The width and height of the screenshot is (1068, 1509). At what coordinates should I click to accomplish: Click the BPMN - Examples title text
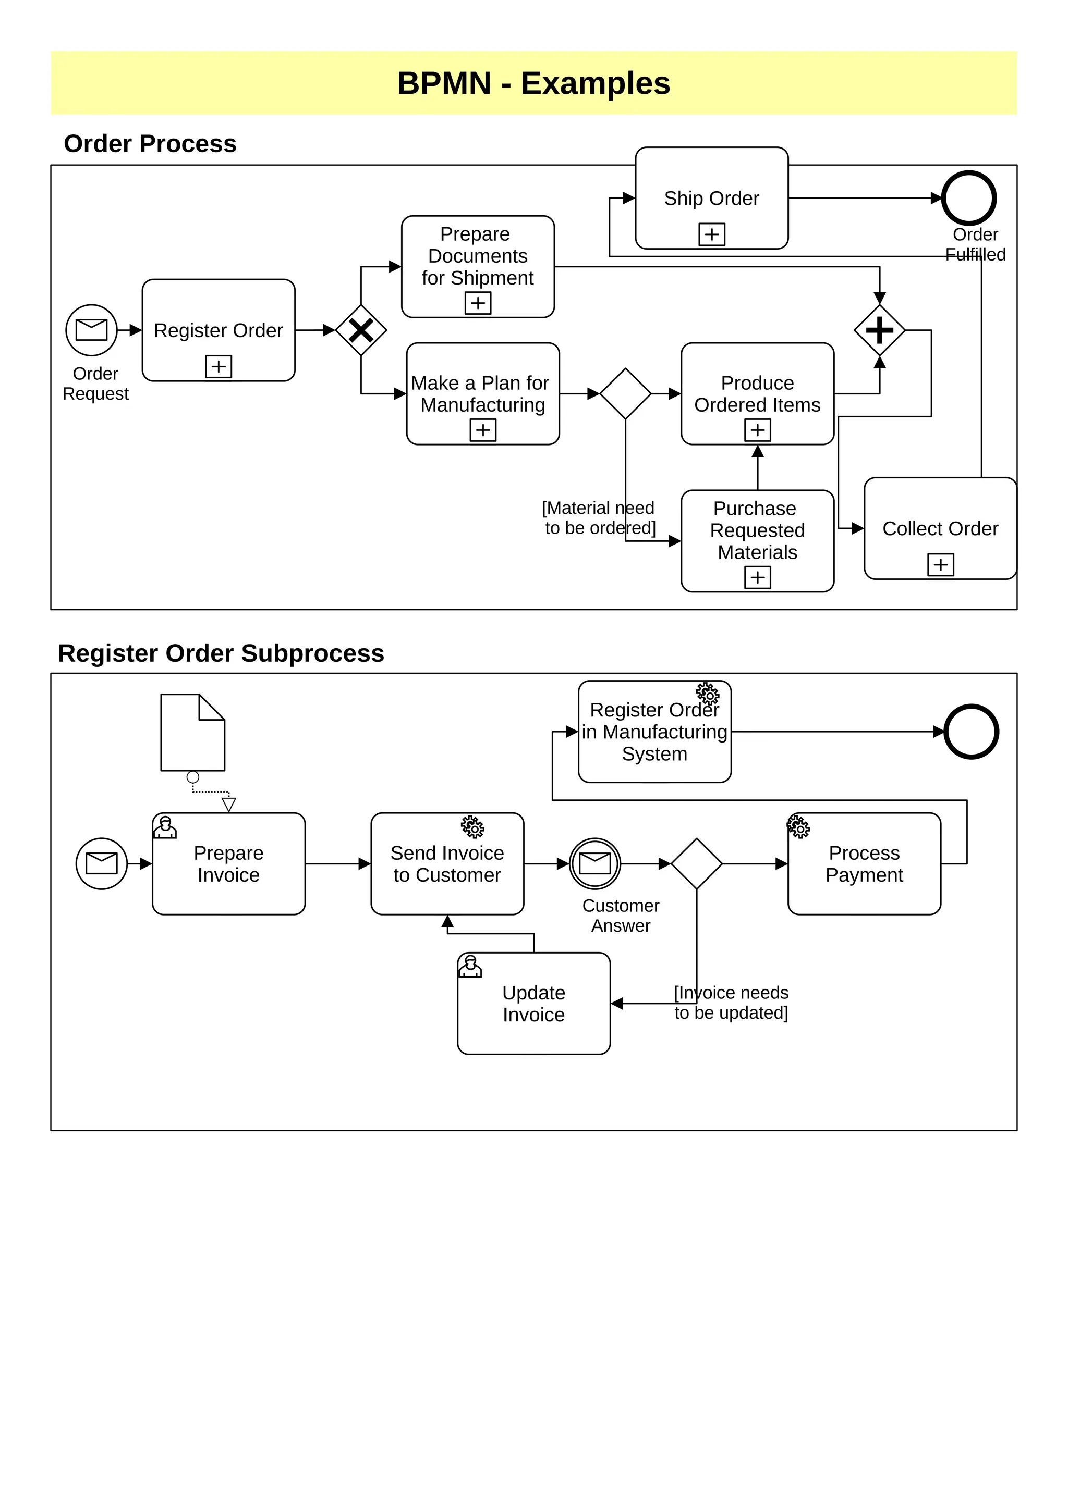tap(533, 83)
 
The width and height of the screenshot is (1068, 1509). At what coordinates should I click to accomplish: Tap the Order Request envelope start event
tap(91, 330)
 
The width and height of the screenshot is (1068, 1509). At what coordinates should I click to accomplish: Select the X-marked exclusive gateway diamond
tap(361, 330)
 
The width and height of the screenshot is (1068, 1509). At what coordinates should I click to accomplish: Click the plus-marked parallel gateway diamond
tap(879, 330)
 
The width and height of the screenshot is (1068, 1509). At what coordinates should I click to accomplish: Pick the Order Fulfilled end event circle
tap(969, 198)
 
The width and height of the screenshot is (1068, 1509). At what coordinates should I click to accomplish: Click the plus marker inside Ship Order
tap(711, 234)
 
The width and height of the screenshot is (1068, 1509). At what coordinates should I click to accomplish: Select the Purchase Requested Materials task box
tap(757, 540)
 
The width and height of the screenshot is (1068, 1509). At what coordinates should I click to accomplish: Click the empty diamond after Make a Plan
tap(625, 394)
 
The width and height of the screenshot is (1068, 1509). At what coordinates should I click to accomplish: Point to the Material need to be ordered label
tap(599, 518)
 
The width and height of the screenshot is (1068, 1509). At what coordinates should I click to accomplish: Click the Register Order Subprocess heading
tap(221, 653)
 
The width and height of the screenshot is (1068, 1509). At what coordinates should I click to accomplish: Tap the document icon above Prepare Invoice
tap(192, 732)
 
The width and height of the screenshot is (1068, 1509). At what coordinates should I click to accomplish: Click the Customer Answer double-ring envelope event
tap(594, 863)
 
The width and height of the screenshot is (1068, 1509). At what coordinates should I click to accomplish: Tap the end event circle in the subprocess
tap(972, 732)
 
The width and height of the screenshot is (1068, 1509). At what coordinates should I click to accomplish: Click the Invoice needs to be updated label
tap(731, 1003)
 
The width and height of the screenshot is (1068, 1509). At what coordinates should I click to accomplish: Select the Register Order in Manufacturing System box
tap(654, 732)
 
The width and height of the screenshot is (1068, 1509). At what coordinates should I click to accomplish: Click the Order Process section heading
tap(150, 144)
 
